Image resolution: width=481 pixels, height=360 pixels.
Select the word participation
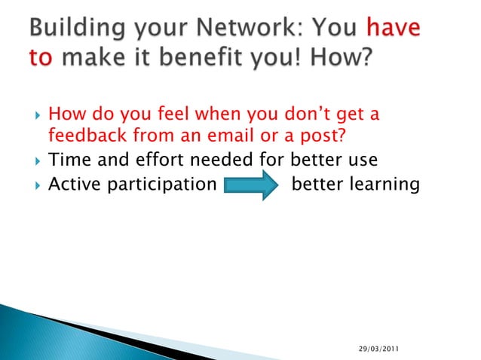161,183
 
